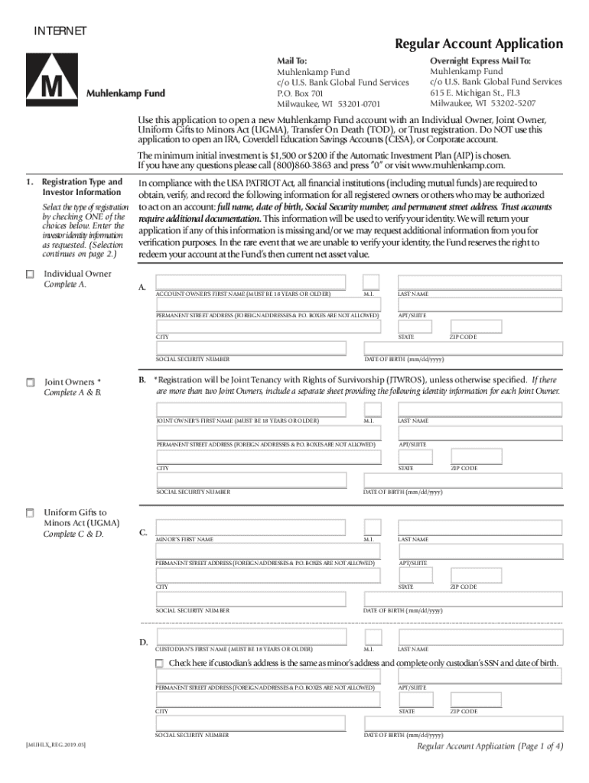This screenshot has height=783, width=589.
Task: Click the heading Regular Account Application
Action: pos(478,44)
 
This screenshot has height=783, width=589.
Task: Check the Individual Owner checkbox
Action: pos(30,275)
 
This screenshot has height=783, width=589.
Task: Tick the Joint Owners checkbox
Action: pos(30,382)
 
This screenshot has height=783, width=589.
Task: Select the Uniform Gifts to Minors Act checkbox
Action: pos(30,512)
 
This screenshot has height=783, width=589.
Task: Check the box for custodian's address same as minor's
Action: pos(159,663)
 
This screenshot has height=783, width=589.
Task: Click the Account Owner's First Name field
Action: pos(256,281)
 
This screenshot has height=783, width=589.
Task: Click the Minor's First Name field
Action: pos(256,527)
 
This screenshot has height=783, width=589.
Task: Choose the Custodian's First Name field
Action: pos(256,637)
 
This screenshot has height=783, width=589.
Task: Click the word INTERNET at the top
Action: pos(60,31)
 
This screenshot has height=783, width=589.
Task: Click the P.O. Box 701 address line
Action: pos(300,93)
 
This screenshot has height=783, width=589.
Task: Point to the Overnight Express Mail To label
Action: pos(480,60)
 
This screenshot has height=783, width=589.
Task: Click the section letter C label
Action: pos(142,532)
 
